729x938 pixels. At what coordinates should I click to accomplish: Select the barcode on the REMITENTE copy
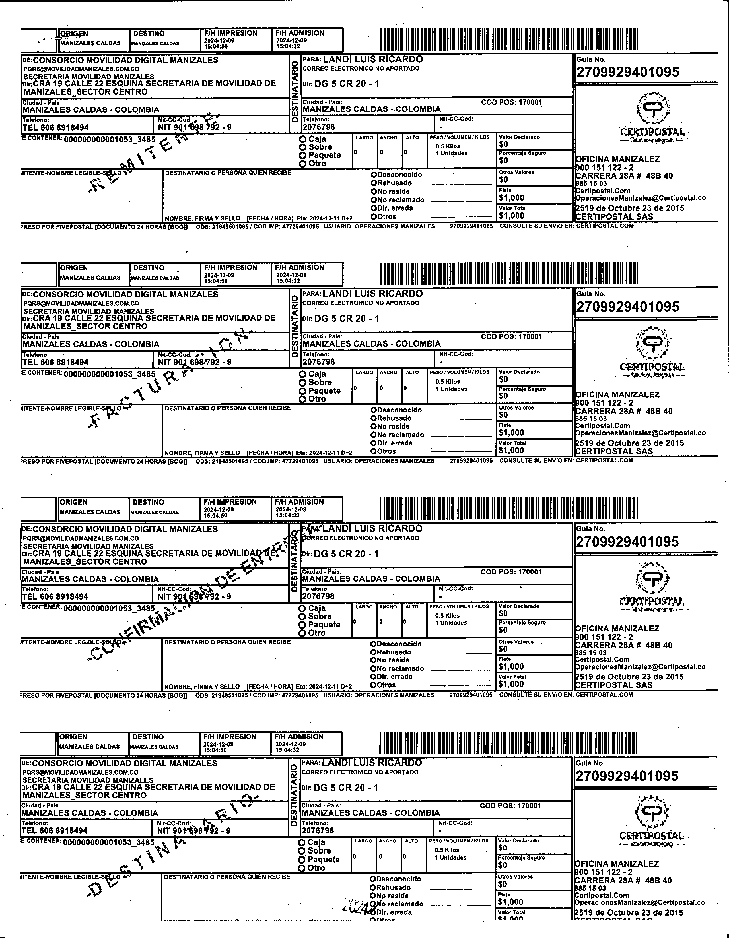pyautogui.click(x=509, y=39)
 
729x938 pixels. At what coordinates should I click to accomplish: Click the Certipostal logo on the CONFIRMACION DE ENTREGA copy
pyautogui.click(x=652, y=584)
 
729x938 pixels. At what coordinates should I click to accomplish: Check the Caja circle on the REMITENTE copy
pyautogui.click(x=303, y=139)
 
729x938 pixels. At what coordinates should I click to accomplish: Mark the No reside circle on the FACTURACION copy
pyautogui.click(x=374, y=427)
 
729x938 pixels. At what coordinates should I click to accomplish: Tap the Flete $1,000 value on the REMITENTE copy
pyautogui.click(x=511, y=198)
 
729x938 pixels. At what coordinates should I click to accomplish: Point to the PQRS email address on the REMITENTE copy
pyautogui.click(x=81, y=69)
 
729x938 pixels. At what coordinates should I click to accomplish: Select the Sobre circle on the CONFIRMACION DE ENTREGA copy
pyautogui.click(x=302, y=616)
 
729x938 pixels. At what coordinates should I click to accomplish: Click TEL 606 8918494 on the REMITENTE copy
pyautogui.click(x=55, y=127)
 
